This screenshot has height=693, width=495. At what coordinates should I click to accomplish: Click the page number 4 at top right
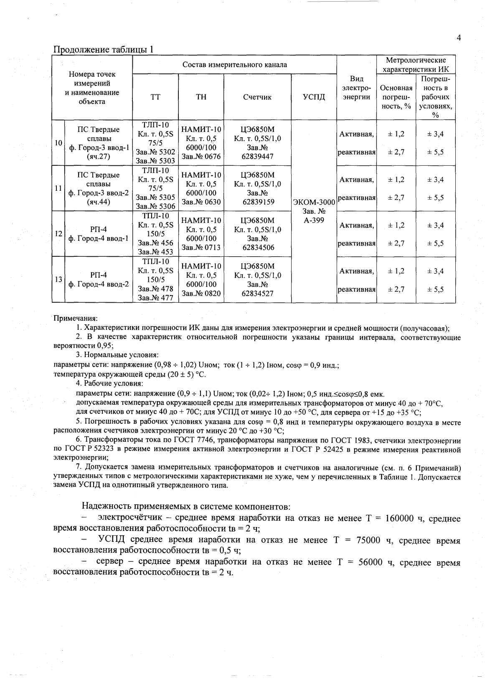458,38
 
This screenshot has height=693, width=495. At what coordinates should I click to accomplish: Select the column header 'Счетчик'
257,97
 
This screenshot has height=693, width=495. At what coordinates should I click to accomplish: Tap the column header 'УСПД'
314,97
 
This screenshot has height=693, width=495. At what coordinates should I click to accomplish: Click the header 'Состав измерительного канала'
234,65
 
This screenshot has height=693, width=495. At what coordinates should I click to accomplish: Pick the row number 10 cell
58,143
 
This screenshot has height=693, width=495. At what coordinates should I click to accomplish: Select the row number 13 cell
58,279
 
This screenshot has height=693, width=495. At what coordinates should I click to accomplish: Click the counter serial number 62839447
258,157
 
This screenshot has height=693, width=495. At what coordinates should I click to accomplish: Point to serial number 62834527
258,293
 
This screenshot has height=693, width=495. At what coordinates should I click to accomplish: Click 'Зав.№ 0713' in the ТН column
201,248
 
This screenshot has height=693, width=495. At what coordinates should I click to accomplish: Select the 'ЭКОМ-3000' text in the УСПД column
314,202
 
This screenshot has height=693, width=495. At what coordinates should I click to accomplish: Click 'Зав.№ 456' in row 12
155,243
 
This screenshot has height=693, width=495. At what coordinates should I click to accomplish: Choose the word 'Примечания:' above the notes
75,319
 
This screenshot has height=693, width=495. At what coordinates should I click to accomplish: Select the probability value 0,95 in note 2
104,346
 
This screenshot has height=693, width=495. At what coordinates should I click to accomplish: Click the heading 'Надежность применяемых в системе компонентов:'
185,506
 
